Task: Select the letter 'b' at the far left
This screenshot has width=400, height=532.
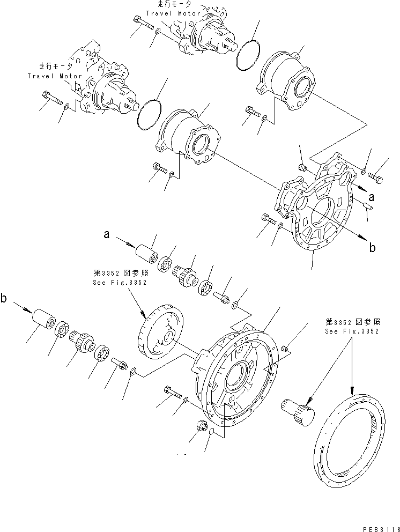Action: click(x=4, y=299)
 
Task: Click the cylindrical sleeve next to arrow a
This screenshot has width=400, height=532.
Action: click(x=145, y=254)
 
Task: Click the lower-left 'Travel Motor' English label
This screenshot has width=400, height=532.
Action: click(x=54, y=76)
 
